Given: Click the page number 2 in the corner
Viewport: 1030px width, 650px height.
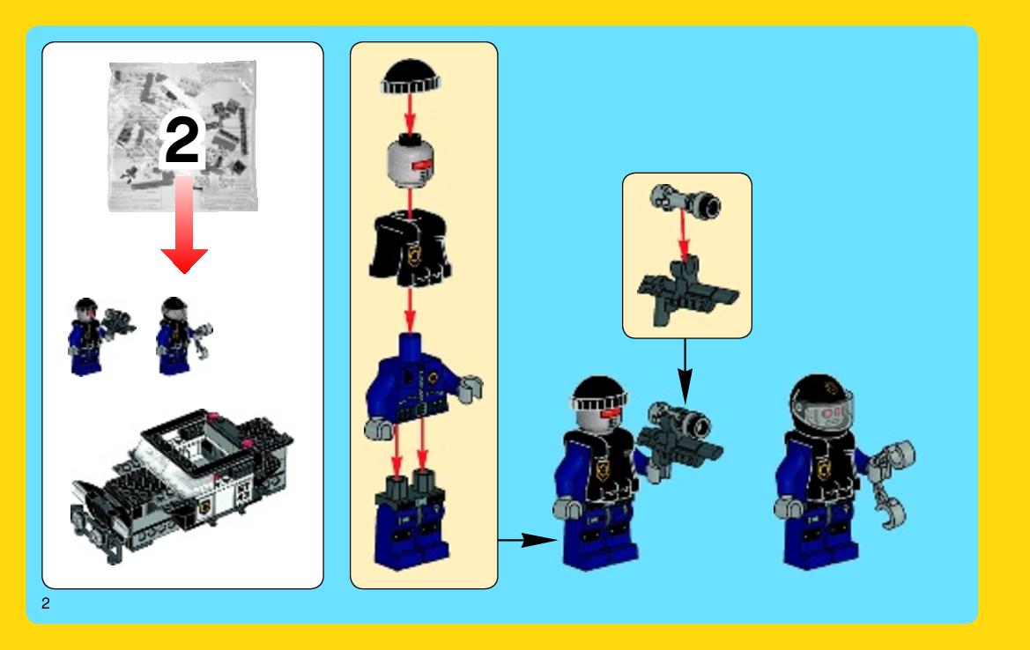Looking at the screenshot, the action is pos(45,603).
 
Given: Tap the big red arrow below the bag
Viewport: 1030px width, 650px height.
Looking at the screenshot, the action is pos(184,222).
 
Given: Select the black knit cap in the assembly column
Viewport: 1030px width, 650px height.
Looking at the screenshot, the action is pos(410,77).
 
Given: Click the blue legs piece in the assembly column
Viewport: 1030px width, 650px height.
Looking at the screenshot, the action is pos(411,519).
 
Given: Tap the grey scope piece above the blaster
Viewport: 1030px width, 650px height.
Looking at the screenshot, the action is pos(685,203).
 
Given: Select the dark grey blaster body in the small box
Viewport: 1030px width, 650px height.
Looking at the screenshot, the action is pos(687,292).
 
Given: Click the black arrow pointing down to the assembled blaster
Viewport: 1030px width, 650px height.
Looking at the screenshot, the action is pos(685,372).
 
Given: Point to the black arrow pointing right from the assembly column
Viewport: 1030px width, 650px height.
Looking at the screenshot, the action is pos(528,540).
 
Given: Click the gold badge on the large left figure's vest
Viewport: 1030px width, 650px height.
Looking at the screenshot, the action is pos(603,469).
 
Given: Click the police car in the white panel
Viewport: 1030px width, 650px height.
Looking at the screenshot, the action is pos(182,484).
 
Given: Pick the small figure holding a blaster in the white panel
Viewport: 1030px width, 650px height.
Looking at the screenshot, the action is pos(99,336).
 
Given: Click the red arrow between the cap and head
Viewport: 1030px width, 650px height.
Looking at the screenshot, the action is pos(410,115).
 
